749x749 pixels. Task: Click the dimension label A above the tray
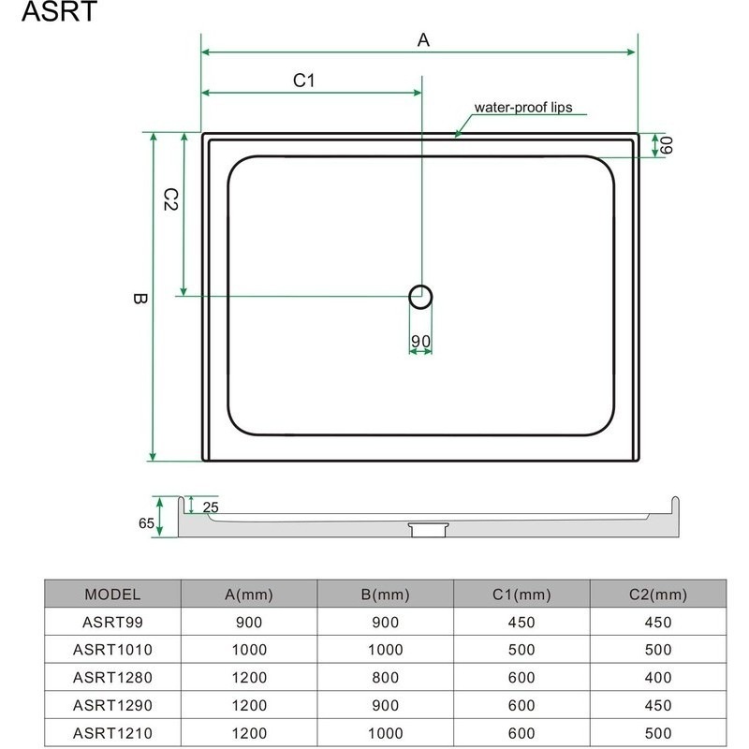423,39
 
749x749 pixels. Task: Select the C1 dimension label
302,81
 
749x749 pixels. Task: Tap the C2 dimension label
170,198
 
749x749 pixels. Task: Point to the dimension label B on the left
139,300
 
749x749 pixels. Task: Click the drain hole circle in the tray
420,297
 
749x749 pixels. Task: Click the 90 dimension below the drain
420,341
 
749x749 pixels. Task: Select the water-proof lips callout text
522,108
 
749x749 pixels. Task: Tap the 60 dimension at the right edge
667,145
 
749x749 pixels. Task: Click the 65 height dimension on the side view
146,523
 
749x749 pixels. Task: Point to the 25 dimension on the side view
209,507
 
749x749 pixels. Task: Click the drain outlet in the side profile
427,529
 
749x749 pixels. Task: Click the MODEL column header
112,594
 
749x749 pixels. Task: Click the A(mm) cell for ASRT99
249,622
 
